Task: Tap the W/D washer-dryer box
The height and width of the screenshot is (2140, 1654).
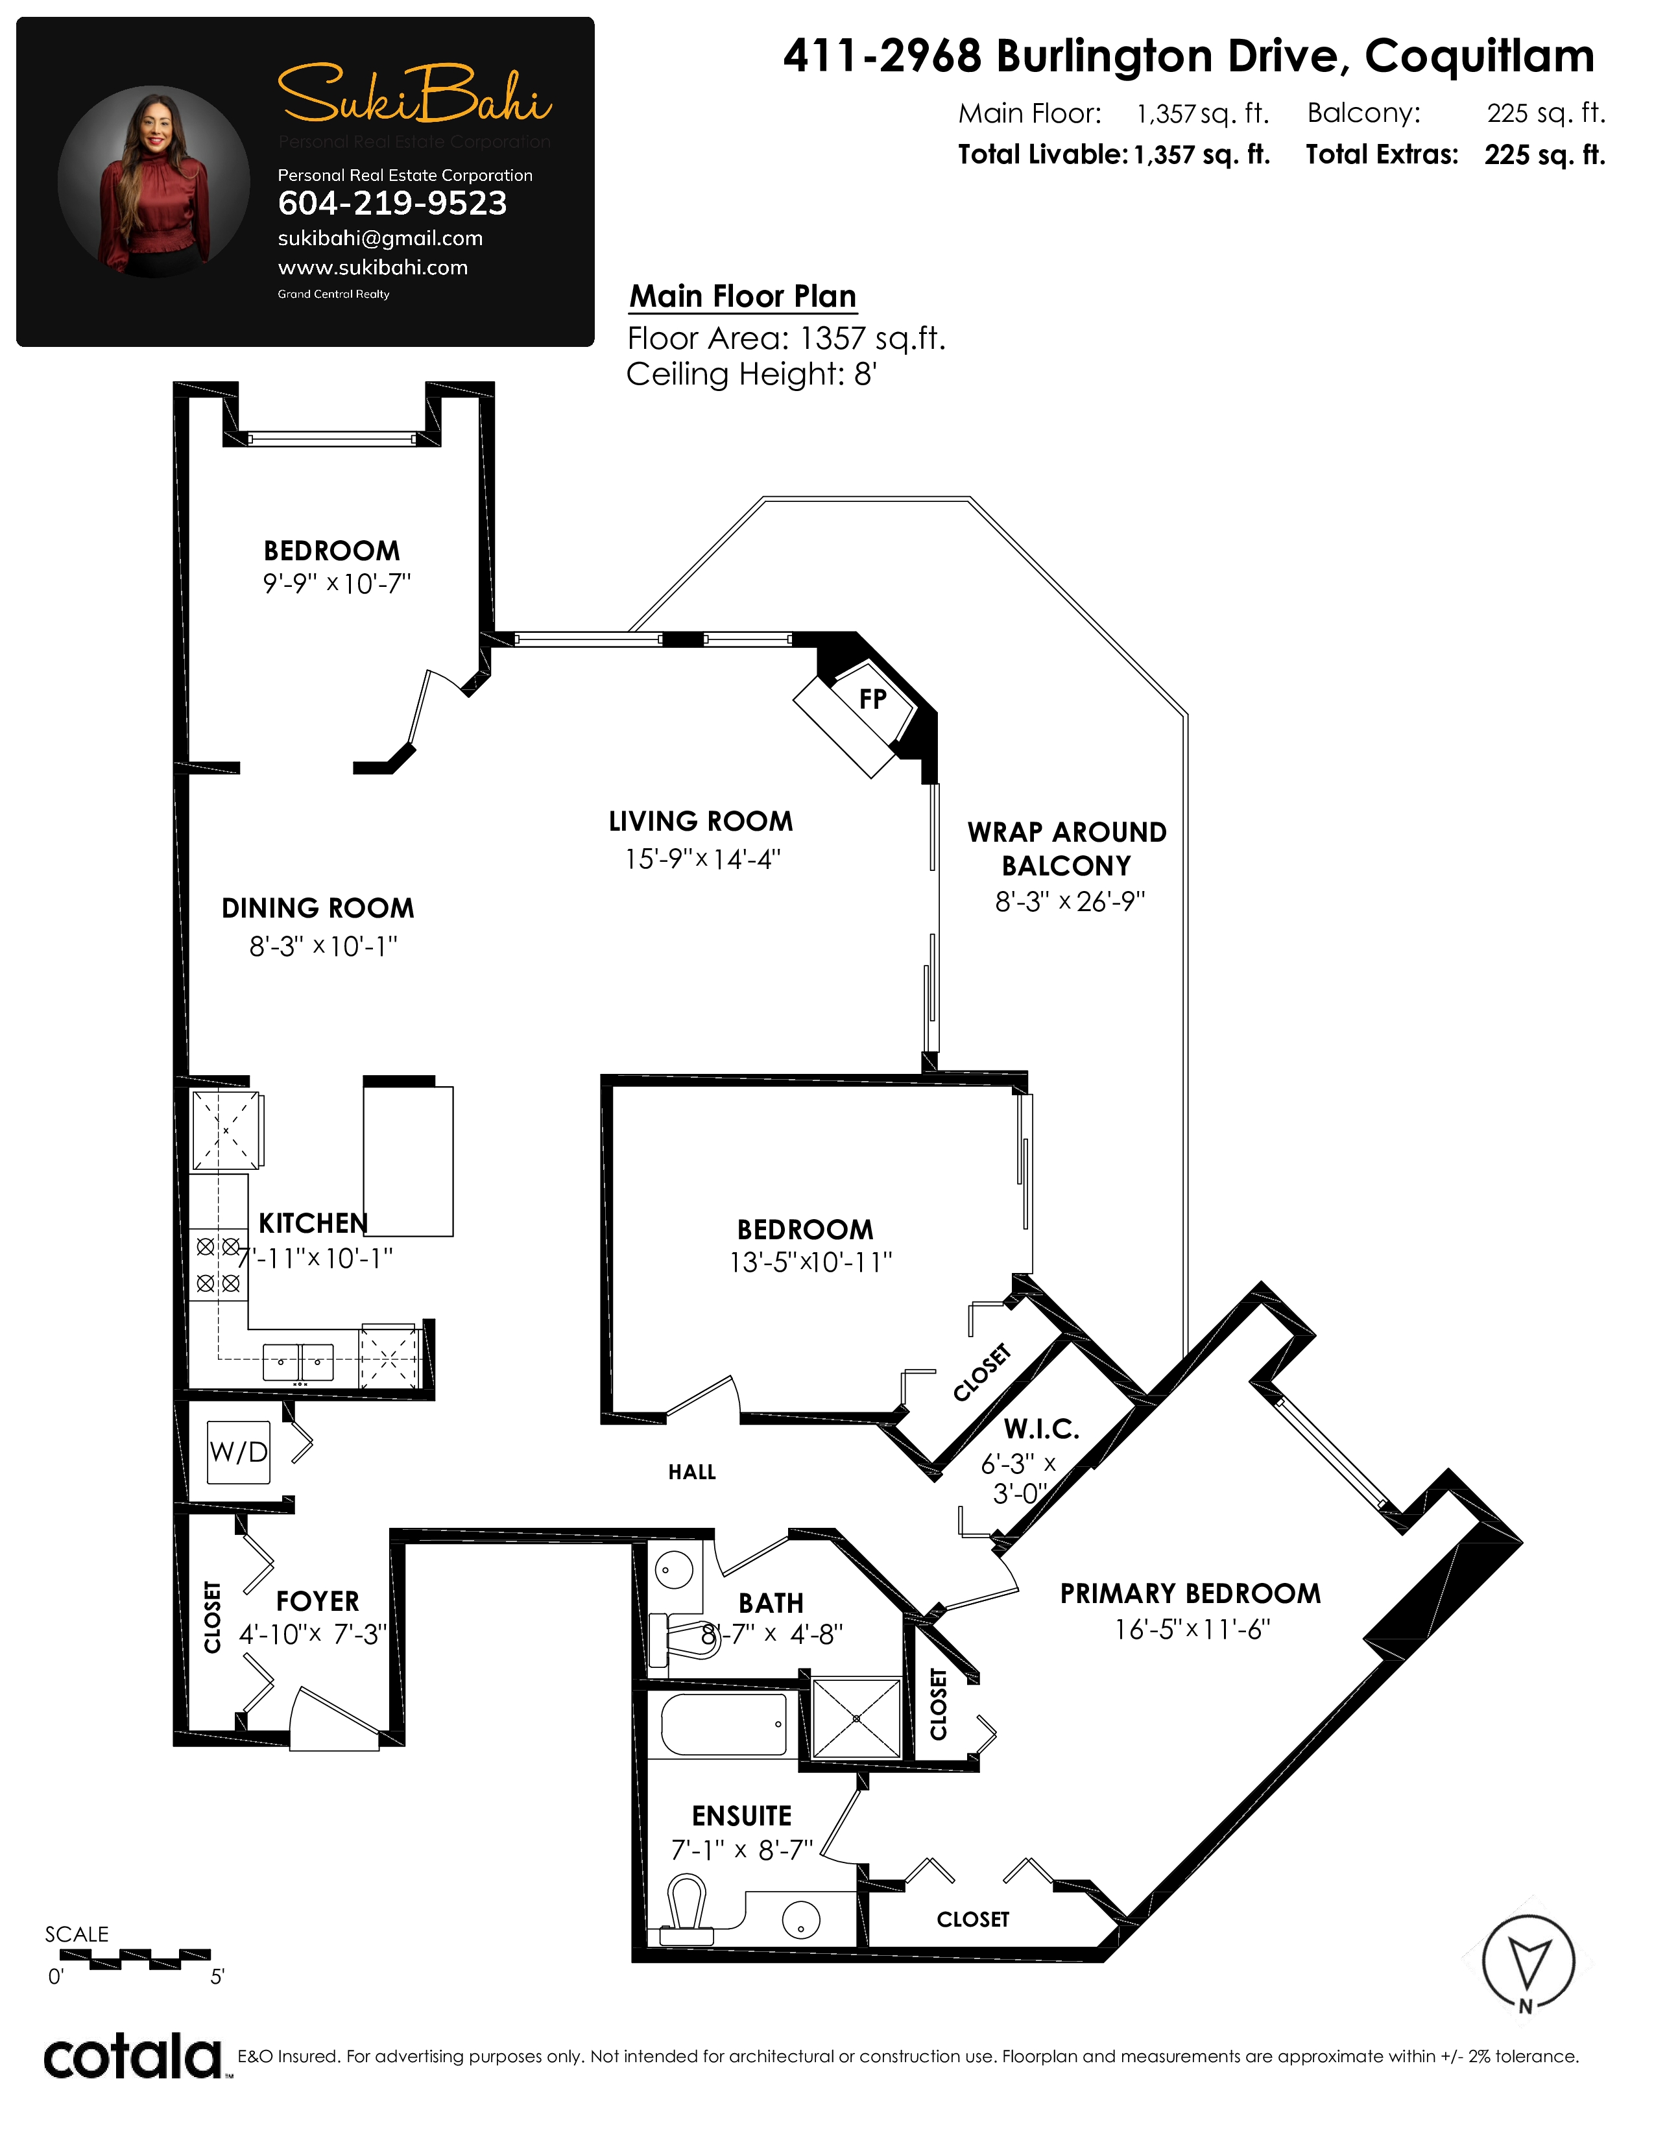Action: tap(238, 1451)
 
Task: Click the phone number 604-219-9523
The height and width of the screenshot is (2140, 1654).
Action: tap(392, 203)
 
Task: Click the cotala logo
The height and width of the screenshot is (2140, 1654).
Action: tap(132, 2057)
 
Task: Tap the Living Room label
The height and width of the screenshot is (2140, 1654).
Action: tap(701, 821)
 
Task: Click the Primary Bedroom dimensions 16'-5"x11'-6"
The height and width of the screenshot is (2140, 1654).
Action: tap(1192, 1630)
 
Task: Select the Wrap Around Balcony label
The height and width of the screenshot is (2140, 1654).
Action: tap(1067, 849)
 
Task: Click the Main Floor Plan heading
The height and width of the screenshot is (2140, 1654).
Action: tap(743, 296)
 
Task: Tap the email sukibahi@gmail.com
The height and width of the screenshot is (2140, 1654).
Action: tap(380, 238)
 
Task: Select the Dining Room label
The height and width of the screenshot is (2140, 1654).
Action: tap(317, 909)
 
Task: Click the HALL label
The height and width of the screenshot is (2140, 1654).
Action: tap(692, 1472)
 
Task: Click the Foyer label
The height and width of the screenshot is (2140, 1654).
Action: tap(317, 1601)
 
